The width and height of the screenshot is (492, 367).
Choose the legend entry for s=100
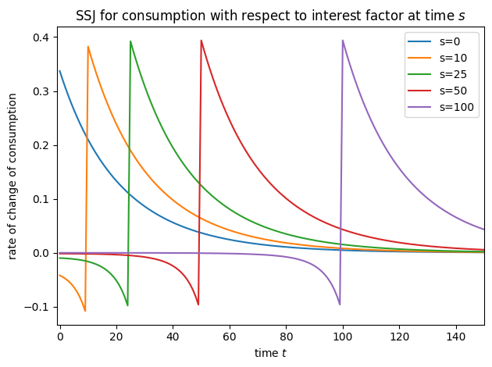444,107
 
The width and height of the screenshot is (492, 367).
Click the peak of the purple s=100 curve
343,41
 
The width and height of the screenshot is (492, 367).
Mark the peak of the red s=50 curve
201,41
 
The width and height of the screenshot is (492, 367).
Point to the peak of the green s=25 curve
130,41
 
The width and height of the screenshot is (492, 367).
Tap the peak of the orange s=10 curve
88,46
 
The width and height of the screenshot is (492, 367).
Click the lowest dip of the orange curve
85,311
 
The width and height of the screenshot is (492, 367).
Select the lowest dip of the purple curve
340,305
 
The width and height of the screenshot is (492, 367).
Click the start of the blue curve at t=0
59,71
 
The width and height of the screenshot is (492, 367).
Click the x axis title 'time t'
270,354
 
